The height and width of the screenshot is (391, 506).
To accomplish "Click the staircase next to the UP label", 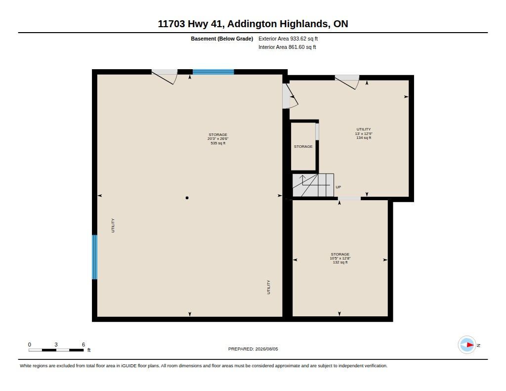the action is (x=313, y=185).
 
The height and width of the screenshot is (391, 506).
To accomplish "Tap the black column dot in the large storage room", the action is (x=187, y=198).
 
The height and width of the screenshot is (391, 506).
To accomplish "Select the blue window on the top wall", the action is (x=213, y=72).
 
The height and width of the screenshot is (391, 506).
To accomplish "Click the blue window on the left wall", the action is (x=94, y=257).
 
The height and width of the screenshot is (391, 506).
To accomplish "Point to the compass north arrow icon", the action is (x=467, y=345).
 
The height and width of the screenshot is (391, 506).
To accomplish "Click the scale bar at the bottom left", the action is (x=56, y=350).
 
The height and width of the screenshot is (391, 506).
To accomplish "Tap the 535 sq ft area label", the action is (x=218, y=143).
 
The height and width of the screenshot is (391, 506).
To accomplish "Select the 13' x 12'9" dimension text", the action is (x=364, y=133).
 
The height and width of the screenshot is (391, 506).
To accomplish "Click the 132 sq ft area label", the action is (x=340, y=262).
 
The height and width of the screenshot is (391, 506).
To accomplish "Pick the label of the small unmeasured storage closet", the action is (x=303, y=147).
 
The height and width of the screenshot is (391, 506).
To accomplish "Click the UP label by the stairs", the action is (x=338, y=187).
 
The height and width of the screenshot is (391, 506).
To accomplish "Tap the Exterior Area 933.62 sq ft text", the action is (x=288, y=39).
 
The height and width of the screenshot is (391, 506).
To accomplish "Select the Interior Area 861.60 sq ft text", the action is (x=287, y=47).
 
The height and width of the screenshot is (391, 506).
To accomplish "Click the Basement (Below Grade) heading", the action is (x=222, y=39).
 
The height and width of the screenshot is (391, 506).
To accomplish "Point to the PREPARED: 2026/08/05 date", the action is (x=253, y=349).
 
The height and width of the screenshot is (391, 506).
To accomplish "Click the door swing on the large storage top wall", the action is (x=165, y=77).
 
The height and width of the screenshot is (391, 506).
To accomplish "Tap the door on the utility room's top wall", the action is (x=347, y=82).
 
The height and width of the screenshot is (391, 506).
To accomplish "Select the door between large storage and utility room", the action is (x=290, y=96).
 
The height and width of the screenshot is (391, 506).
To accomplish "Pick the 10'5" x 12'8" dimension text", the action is (x=340, y=259).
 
